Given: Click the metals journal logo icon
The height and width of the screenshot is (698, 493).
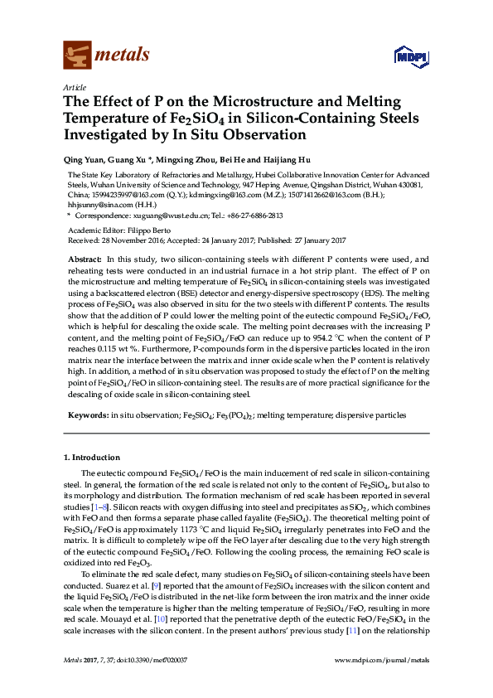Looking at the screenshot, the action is pyautogui.click(x=77, y=55).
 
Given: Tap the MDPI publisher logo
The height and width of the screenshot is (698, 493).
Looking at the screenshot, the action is pyautogui.click(x=404, y=56).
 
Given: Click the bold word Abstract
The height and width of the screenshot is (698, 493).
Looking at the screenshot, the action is pyautogui.click(x=85, y=259).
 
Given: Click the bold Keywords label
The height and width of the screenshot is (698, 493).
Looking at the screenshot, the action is pyautogui.click(x=86, y=414).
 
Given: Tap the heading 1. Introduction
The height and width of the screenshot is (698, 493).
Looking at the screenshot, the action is pyautogui.click(x=92, y=458).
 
